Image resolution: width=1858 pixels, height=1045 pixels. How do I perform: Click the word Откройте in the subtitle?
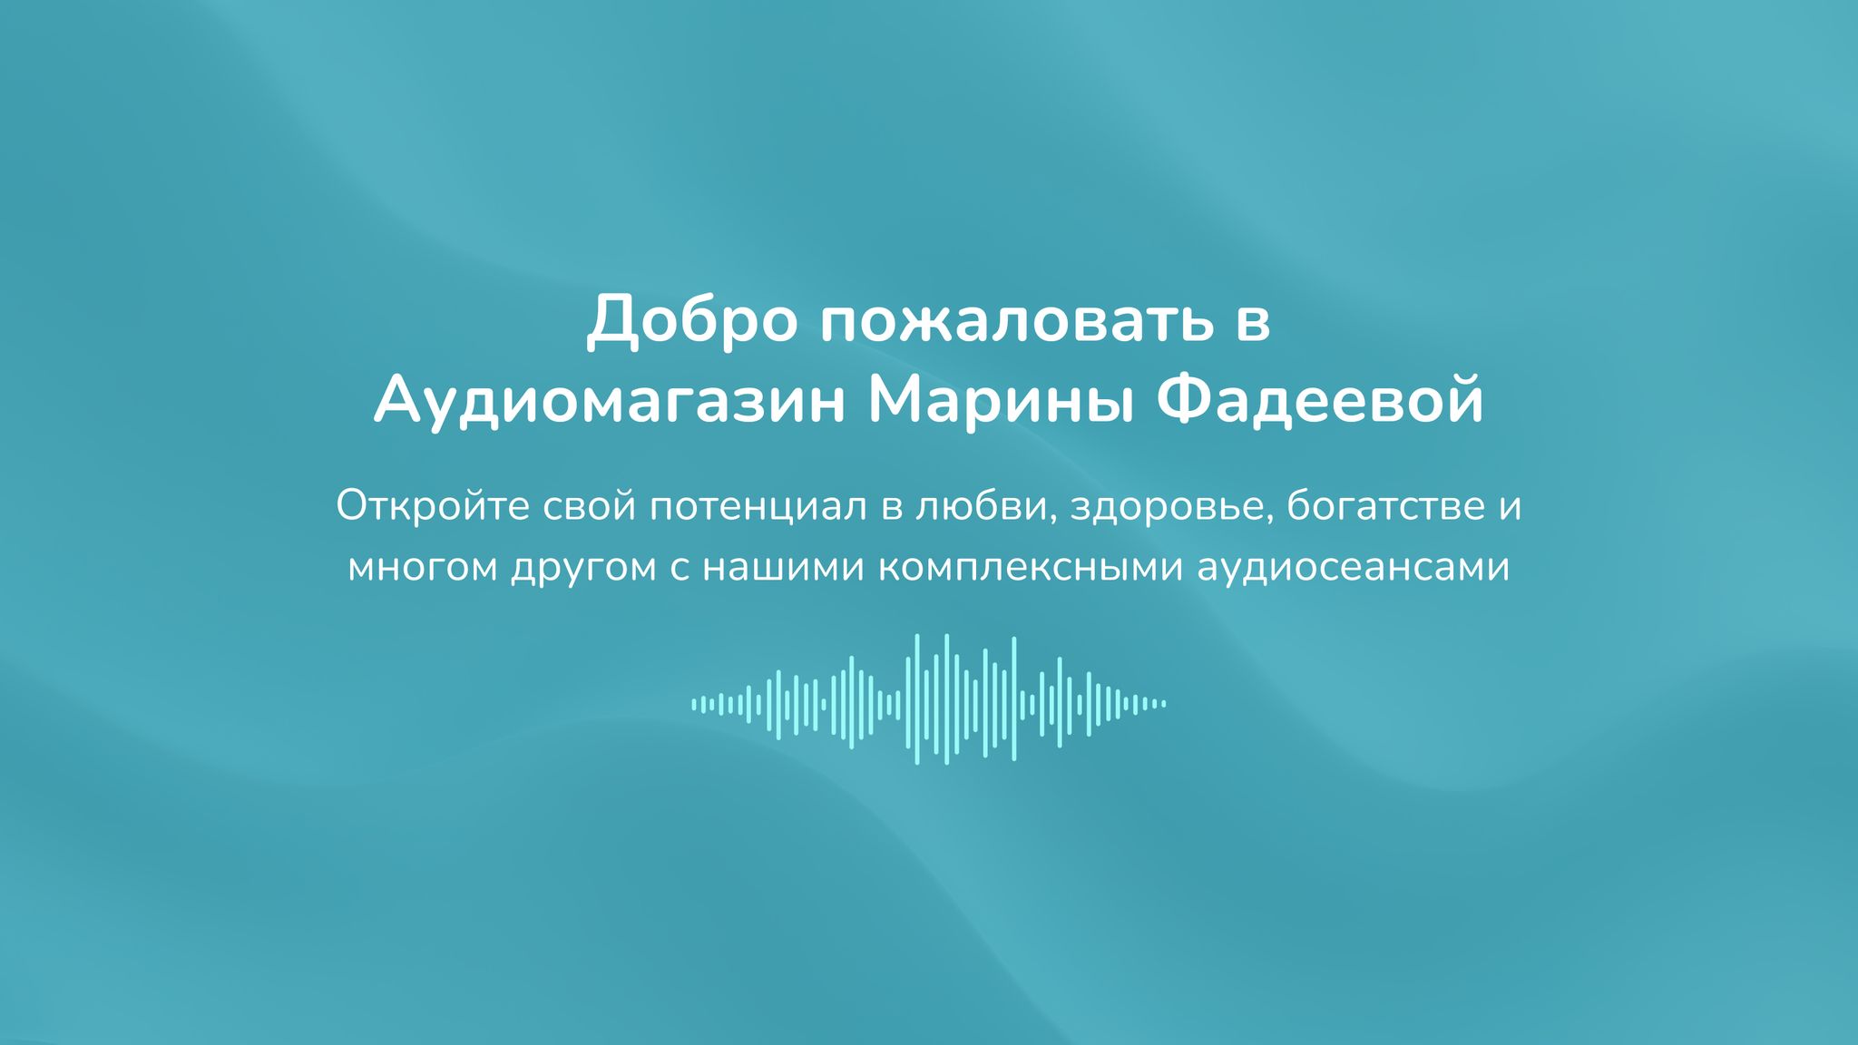[x=432, y=506]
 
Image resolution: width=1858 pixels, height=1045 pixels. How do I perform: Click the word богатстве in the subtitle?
[x=1381, y=506]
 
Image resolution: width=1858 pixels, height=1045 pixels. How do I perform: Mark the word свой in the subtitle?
[x=590, y=506]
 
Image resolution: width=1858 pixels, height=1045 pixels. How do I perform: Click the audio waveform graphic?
[x=929, y=699]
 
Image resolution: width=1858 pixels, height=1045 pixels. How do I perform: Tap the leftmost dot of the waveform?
[x=694, y=704]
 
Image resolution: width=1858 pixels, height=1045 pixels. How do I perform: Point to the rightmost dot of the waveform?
[x=1164, y=704]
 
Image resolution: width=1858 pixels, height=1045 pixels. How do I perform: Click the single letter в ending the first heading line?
[x=1253, y=325]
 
